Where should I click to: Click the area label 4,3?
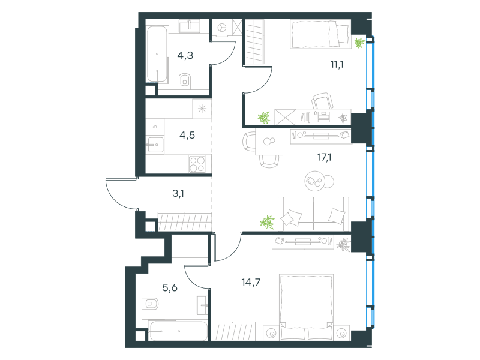coord(185,55)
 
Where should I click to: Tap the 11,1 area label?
coord(337,64)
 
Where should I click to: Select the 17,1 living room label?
coord(324,157)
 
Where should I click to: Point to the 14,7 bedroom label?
coord(251,282)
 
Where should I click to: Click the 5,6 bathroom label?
coord(170,287)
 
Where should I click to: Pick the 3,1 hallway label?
coord(178,193)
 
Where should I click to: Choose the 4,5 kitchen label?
coord(187,135)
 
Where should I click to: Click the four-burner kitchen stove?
coord(197,164)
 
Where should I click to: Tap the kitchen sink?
coord(155,145)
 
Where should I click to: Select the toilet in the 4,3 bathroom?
coord(185,81)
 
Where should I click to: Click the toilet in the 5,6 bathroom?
coord(151,304)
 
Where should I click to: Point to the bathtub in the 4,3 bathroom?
coord(157,55)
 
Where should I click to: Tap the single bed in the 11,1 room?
coord(320,34)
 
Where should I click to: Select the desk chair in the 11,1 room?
coord(322,101)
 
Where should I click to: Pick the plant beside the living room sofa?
coord(267,221)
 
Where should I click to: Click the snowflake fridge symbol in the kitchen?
coord(202,109)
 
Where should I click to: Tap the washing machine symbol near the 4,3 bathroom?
coord(222,28)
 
